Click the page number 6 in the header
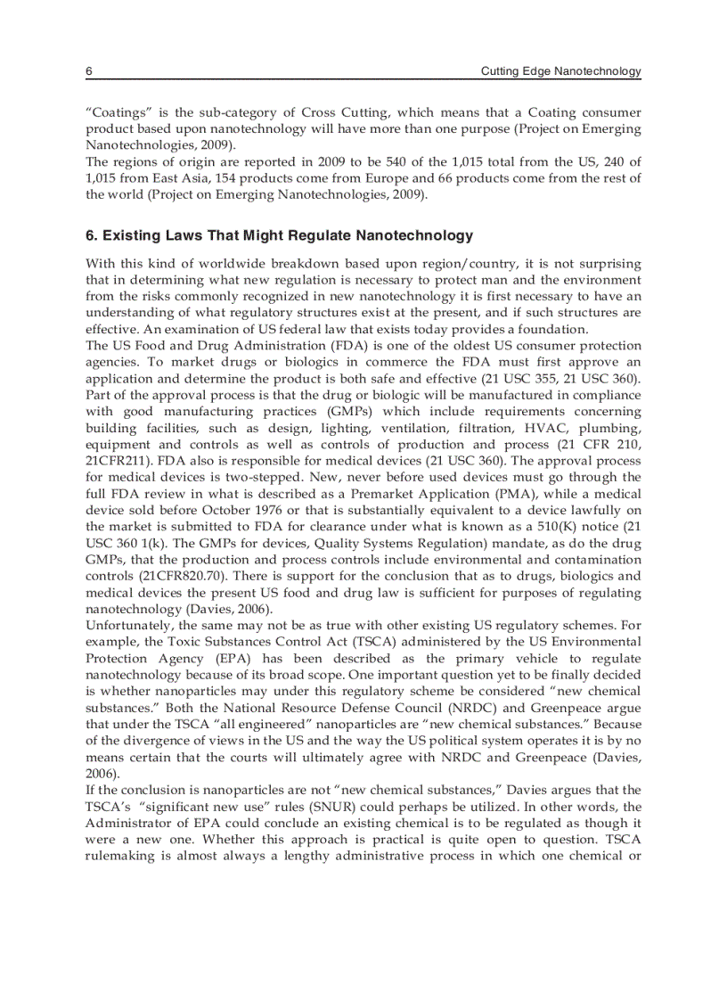(x=89, y=70)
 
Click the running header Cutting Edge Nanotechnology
(x=560, y=70)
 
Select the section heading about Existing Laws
(x=279, y=236)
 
